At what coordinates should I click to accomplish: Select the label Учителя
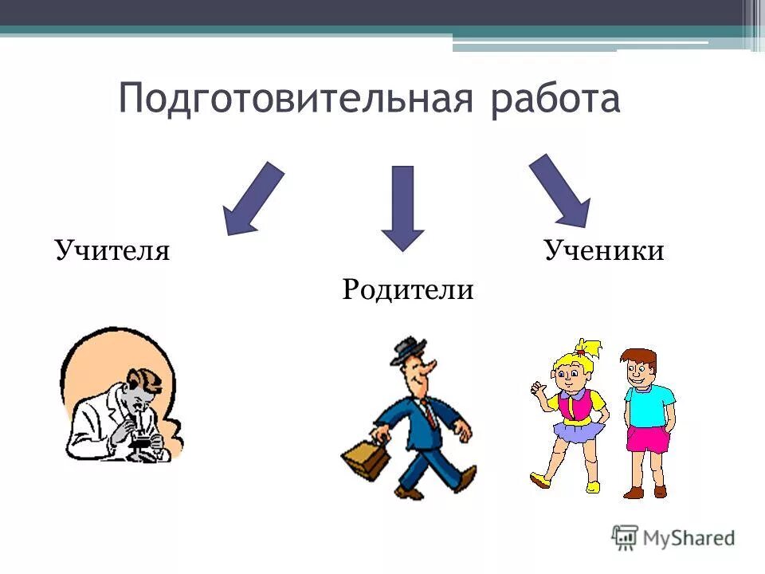[x=112, y=251]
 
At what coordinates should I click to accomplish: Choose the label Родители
[x=408, y=289]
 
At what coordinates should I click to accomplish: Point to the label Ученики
[x=604, y=251]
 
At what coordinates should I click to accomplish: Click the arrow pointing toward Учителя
[x=252, y=199]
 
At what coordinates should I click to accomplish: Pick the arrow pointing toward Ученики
[x=561, y=191]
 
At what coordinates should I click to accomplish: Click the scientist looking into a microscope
[x=120, y=399]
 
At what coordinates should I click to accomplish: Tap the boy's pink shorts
[x=647, y=439]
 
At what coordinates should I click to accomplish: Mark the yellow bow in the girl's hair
[x=590, y=348]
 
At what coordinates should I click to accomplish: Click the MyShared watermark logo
[x=673, y=537]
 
